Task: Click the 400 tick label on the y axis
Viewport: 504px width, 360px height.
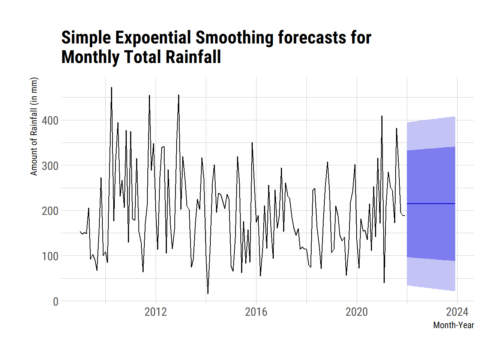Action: point(50,121)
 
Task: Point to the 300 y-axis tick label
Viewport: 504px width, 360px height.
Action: point(50,166)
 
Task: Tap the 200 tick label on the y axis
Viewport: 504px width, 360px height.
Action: point(50,211)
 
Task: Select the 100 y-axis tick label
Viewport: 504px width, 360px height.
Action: point(50,256)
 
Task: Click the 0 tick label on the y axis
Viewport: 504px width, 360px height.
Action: point(55,301)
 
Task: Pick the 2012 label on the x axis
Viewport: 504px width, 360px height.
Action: point(156,312)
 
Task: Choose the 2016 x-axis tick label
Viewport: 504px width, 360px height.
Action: point(256,312)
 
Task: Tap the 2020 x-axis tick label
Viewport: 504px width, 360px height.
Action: point(357,312)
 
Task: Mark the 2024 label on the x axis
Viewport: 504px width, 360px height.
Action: point(457,312)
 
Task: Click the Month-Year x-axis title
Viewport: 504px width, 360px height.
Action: point(453,325)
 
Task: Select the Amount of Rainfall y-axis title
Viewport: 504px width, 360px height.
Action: point(34,126)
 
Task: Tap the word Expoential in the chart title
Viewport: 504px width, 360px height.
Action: point(153,38)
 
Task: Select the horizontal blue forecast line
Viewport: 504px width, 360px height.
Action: point(431,204)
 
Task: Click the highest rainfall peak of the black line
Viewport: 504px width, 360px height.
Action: point(111,88)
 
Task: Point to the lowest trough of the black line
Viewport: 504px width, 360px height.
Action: point(208,293)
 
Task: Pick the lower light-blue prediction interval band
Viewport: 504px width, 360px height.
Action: point(431,274)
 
